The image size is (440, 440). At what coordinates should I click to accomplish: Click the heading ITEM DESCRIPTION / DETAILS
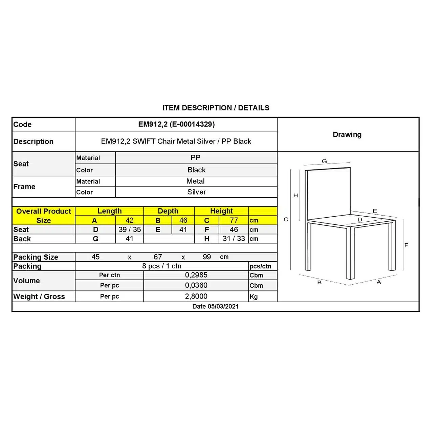216,108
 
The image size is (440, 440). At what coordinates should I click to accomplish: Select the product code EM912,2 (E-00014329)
176,124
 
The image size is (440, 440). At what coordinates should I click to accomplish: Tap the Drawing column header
347,134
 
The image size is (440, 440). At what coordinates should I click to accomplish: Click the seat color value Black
196,170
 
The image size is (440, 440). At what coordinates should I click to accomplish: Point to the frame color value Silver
196,192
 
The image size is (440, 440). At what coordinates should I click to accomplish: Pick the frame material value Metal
195,181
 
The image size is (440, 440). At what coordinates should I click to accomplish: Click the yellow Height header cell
221,211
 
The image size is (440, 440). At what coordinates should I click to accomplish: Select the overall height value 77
234,220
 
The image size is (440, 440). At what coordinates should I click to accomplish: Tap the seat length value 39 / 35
130,229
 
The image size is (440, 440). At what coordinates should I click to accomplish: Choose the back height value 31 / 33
234,239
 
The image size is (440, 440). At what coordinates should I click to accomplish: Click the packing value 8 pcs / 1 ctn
162,266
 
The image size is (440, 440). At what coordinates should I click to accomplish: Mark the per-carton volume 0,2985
196,275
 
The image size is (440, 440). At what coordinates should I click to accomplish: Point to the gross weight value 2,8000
196,296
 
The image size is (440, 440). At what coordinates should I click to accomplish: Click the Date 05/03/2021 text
215,306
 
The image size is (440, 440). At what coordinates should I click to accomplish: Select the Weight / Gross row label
39,296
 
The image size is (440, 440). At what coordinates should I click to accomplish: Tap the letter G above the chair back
324,161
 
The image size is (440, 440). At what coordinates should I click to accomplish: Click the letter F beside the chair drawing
406,245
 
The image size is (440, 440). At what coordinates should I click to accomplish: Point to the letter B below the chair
319,282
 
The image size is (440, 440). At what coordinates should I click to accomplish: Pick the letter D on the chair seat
360,220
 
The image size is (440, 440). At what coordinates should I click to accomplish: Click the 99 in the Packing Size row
207,257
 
